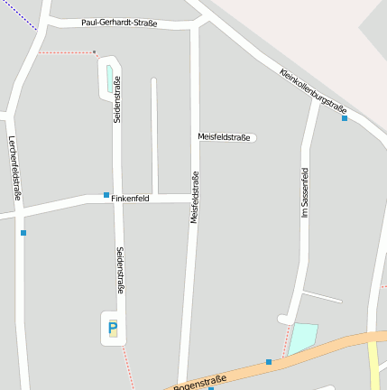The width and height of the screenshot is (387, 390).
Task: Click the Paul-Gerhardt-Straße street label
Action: pos(119,23)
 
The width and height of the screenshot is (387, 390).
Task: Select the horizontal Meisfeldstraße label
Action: pos(224,137)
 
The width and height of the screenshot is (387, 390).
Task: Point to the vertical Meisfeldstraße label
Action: pos(195,197)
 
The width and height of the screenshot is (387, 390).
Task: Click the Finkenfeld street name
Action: pos(131,198)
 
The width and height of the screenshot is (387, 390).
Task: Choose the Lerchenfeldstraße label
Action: pos(14,167)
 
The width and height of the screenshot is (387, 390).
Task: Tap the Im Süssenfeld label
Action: pos(305,192)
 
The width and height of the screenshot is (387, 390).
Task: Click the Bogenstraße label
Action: pos(199,385)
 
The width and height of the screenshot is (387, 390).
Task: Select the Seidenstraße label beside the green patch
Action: pos(118,100)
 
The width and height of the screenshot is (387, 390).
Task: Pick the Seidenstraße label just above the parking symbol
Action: pos(121,270)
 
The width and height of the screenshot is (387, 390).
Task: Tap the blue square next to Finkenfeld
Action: pos(106,195)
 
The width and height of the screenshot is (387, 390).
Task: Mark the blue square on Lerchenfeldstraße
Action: pos(23,233)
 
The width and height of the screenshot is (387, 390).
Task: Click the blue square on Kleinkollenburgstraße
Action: pos(345,118)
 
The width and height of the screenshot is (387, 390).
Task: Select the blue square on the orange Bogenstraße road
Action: pos(268,362)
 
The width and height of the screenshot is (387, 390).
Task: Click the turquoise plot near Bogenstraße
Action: pos(303,339)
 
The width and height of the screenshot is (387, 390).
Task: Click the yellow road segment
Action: pos(373,366)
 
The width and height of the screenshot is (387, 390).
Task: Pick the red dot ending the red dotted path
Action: pos(94,52)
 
